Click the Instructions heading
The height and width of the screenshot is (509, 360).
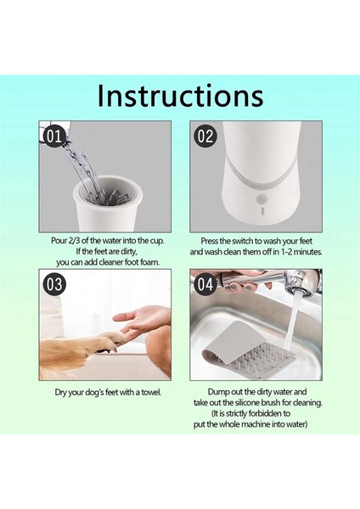[x=180, y=95]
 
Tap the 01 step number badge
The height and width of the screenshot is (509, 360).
[x=54, y=137]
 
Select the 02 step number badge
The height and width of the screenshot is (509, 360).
[x=205, y=137]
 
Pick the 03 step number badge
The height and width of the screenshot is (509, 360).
[x=54, y=284]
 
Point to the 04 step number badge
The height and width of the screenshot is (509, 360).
[x=205, y=284]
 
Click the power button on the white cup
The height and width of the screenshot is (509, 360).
[x=261, y=199]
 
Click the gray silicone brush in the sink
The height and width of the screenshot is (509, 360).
[x=250, y=349]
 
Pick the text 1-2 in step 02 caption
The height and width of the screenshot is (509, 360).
[x=287, y=252]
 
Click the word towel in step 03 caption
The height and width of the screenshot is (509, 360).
[x=151, y=393]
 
